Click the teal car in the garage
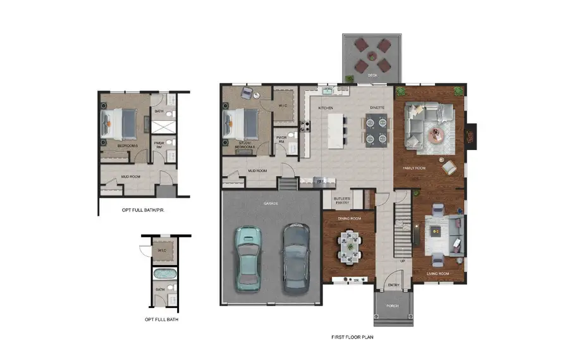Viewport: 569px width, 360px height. [248, 258]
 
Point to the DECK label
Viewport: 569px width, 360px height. [372, 76]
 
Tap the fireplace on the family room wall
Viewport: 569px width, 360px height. [470, 133]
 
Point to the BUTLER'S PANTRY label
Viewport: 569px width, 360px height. [341, 201]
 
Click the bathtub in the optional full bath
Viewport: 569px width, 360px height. [164, 275]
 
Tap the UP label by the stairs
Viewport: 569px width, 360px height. [403, 261]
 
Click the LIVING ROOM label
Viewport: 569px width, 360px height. [439, 273]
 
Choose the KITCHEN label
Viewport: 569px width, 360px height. [326, 108]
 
